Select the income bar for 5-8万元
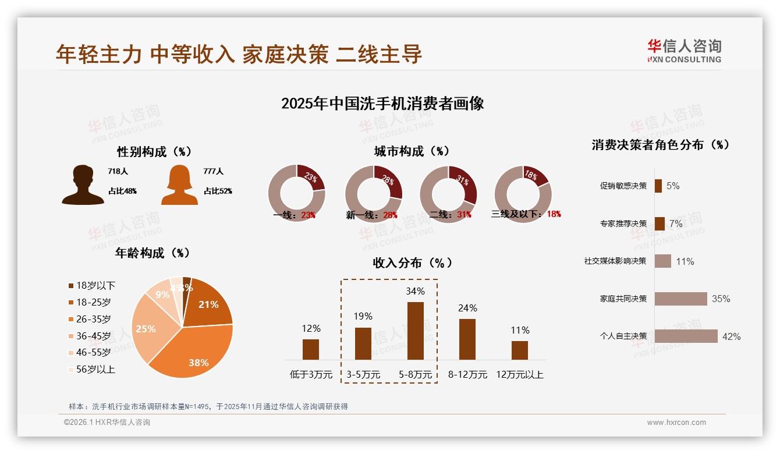click(x=415, y=331)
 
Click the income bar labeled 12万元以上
click(x=519, y=350)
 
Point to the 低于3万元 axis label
click(x=311, y=375)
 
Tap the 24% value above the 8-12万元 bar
click(x=467, y=308)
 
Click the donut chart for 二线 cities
click(x=448, y=193)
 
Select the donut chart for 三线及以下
click(x=523, y=193)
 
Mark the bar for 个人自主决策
click(x=686, y=336)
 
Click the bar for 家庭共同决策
click(x=680, y=299)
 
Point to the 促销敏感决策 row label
click(x=623, y=186)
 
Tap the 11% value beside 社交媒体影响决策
click(x=685, y=261)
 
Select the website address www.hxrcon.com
click(x=676, y=423)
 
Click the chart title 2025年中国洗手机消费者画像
click(x=382, y=104)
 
